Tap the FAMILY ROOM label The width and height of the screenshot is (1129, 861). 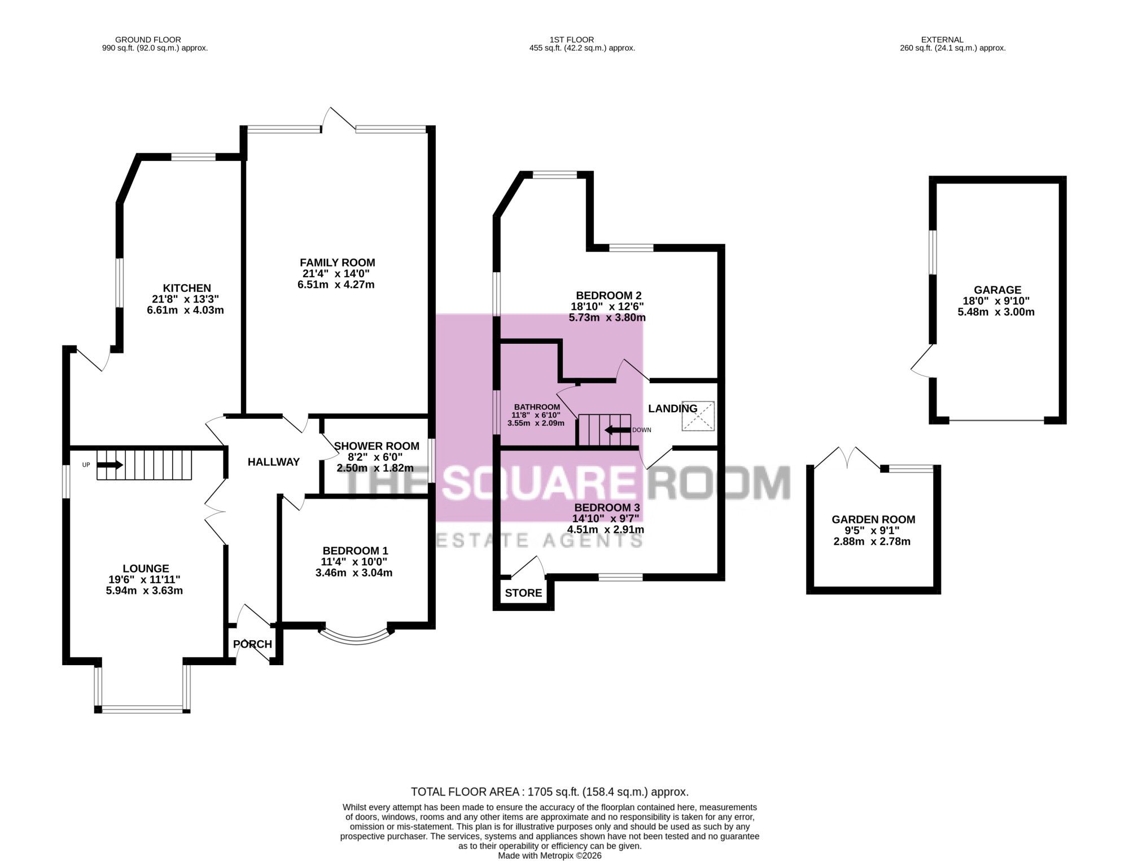pyautogui.click(x=338, y=263)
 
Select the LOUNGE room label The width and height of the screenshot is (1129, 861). pyautogui.click(x=146, y=569)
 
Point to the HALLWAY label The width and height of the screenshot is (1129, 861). pyautogui.click(x=274, y=462)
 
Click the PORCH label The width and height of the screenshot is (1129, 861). pyautogui.click(x=253, y=644)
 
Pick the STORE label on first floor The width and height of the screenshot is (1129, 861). pyautogui.click(x=523, y=593)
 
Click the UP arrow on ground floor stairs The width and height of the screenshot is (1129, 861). pyautogui.click(x=110, y=465)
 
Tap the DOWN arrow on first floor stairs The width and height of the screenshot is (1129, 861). pyautogui.click(x=618, y=430)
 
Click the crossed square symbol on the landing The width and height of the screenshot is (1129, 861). pyautogui.click(x=698, y=416)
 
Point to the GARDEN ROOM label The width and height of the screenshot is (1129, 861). pyautogui.click(x=873, y=519)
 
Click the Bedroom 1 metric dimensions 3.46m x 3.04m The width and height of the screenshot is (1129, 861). pyautogui.click(x=354, y=572)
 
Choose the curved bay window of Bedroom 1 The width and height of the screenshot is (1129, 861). pyautogui.click(x=356, y=638)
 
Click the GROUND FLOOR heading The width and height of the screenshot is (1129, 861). pyautogui.click(x=148, y=40)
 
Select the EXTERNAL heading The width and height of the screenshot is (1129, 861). pyautogui.click(x=942, y=40)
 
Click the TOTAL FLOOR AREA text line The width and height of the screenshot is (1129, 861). pyautogui.click(x=550, y=792)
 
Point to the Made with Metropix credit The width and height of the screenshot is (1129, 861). pyautogui.click(x=550, y=855)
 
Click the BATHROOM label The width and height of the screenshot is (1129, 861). pyautogui.click(x=537, y=407)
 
